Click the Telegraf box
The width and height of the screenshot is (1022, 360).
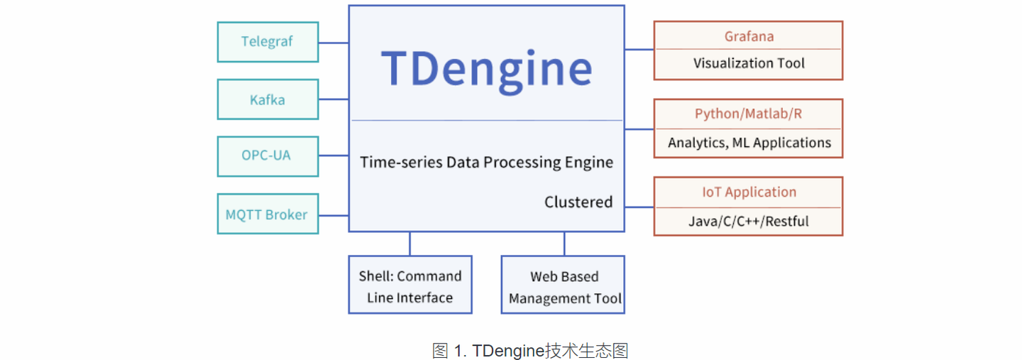[268, 42]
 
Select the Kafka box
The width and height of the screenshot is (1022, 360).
[268, 99]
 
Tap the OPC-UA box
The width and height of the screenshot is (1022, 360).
[268, 156]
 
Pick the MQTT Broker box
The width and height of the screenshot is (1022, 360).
[268, 214]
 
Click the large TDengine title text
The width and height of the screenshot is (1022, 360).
[486, 69]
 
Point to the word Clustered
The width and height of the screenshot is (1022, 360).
[578, 202]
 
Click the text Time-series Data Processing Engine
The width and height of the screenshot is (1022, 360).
[486, 163]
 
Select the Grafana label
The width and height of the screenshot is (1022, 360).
[748, 36]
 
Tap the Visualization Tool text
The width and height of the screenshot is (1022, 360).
[748, 64]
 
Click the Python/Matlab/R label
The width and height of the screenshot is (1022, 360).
[748, 114]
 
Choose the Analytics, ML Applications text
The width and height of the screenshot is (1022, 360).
[748, 143]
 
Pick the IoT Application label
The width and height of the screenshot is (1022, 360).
[748, 192]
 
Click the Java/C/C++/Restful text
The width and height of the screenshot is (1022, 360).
[748, 222]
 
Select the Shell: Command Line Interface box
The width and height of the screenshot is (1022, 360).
[410, 285]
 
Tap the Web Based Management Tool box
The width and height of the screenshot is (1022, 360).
[564, 285]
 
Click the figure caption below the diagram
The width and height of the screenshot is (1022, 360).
[529, 350]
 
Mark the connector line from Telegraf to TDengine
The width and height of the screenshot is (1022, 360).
[334, 43]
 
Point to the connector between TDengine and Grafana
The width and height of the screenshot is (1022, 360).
[639, 50]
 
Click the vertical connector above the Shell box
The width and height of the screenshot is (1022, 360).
[410, 244]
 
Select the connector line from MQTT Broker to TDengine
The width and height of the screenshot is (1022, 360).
[334, 214]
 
